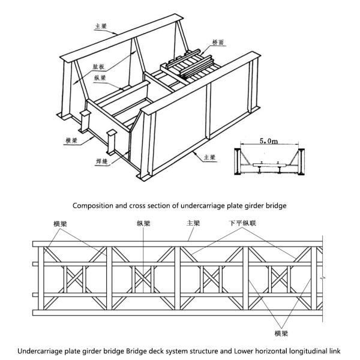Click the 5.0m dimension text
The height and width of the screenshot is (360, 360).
pyautogui.click(x=266, y=142)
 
